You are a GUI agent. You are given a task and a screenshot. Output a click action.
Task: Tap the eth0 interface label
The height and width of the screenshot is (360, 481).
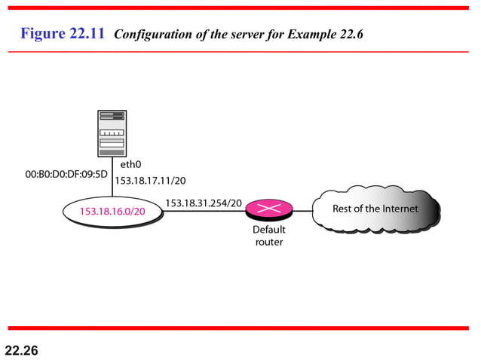(131, 163)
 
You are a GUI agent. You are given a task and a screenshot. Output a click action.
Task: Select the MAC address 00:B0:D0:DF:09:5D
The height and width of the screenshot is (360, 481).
(67, 174)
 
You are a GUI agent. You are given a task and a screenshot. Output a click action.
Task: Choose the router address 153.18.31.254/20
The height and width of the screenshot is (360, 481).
(204, 203)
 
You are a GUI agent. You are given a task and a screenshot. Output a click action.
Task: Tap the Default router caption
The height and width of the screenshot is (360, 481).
(269, 235)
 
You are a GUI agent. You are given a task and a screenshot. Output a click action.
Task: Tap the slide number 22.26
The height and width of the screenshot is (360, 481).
(22, 350)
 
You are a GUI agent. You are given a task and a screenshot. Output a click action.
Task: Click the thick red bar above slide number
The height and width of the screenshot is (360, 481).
(240, 328)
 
